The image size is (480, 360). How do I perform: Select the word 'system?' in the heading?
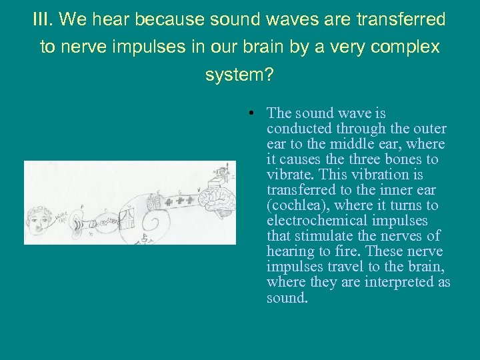pyautogui.click(x=239, y=75)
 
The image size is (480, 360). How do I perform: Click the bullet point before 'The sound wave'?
pyautogui.click(x=247, y=113)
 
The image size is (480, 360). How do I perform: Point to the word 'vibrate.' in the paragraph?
pyautogui.click(x=290, y=175)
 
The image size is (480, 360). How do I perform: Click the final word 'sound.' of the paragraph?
pyautogui.click(x=287, y=297)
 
